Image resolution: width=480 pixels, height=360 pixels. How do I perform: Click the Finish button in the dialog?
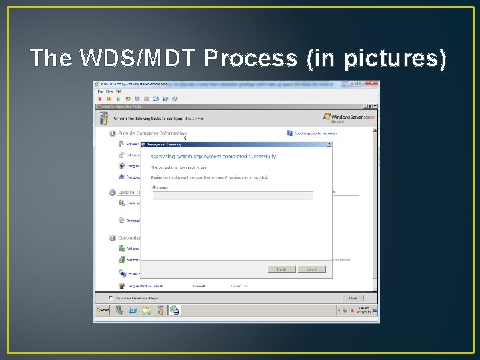tap(281, 269)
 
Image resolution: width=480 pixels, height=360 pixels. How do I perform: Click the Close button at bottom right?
tap(353, 298)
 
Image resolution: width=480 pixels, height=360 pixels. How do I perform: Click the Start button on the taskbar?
tap(103, 310)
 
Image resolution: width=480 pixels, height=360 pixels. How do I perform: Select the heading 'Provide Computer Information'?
tap(151, 133)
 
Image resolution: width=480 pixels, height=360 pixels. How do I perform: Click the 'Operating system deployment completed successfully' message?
tap(213, 157)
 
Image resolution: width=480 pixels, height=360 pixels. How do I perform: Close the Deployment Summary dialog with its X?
tap(329, 143)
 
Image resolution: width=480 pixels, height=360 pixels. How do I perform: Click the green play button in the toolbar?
tap(118, 98)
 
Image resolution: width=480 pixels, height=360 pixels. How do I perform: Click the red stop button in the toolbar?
tap(100, 98)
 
